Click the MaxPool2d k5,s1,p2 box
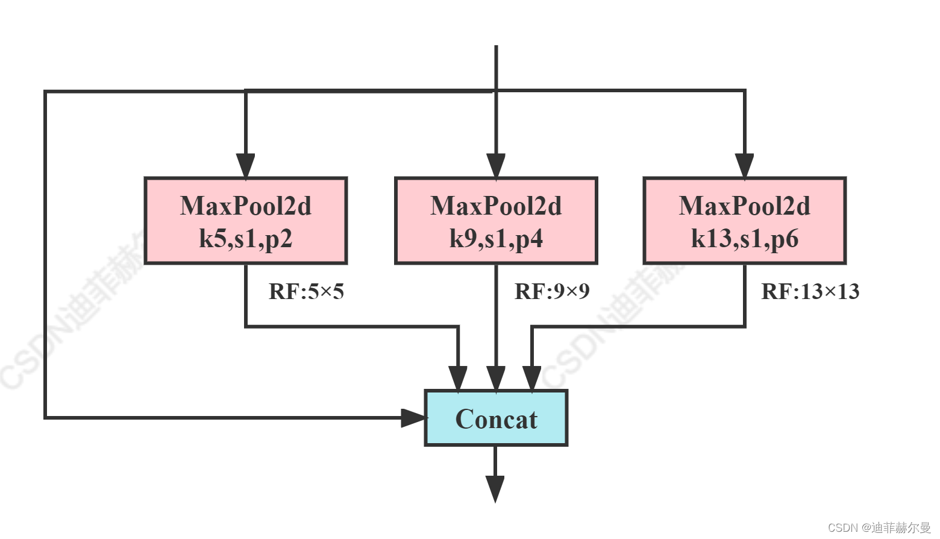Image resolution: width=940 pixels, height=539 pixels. pyautogui.click(x=246, y=221)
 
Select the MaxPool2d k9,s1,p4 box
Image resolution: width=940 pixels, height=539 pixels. pyautogui.click(x=496, y=221)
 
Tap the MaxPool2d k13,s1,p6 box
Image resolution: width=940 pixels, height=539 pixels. pyautogui.click(x=745, y=221)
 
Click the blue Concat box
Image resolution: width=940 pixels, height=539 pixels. pyautogui.click(x=496, y=418)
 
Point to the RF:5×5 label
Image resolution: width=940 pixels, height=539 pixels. pyautogui.click(x=306, y=292)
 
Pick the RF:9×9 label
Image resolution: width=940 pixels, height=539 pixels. pyautogui.click(x=552, y=292)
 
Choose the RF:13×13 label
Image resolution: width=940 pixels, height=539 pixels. pyautogui.click(x=810, y=292)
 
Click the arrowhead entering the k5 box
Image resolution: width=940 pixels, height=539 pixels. pyautogui.click(x=245, y=166)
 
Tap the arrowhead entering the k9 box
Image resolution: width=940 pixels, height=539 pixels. pyautogui.click(x=496, y=166)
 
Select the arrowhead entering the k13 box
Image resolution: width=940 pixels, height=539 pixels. pyautogui.click(x=745, y=166)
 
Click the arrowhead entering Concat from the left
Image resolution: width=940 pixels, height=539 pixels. pyautogui.click(x=413, y=417)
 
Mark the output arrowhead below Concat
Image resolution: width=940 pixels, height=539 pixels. pyautogui.click(x=495, y=488)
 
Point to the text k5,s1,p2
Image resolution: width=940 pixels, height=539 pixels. pyautogui.click(x=246, y=239)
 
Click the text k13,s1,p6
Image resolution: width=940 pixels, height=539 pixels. pyautogui.click(x=745, y=239)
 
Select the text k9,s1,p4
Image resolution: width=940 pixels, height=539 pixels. pyautogui.click(x=496, y=239)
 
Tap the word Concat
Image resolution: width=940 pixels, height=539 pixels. pyautogui.click(x=496, y=420)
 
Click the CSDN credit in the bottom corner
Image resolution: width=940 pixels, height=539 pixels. pyautogui.click(x=879, y=528)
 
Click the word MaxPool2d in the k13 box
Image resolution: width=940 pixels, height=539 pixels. pyautogui.click(x=745, y=206)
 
